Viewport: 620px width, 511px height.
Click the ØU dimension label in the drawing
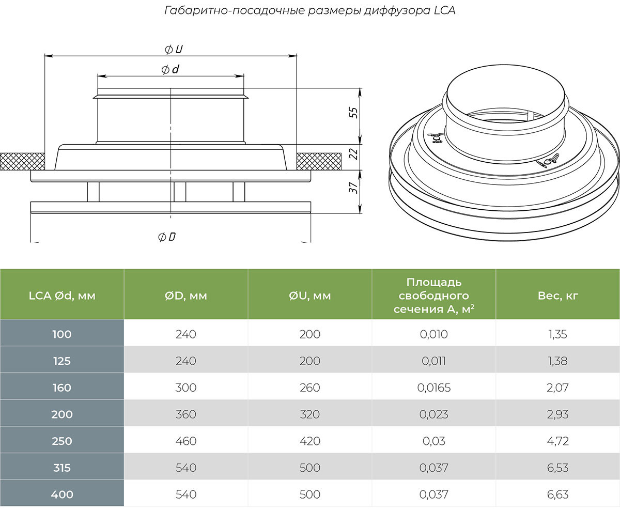tap(174, 49)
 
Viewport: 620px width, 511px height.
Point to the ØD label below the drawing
tap(167, 237)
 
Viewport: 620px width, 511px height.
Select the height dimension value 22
tap(353, 153)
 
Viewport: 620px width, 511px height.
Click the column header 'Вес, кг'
tap(558, 296)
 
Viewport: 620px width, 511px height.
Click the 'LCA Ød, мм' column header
tap(62, 296)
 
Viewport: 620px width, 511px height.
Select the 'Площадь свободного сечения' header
tap(434, 296)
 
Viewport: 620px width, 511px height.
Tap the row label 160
tap(62, 388)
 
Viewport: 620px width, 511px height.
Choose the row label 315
tap(62, 468)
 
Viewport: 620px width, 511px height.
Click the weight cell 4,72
tap(558, 441)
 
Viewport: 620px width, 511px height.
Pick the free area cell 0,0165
tap(434, 388)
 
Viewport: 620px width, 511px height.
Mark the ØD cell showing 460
tap(186, 441)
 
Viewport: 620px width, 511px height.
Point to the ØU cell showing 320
tap(310, 414)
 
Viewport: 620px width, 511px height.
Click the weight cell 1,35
tap(558, 334)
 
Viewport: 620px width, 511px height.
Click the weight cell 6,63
tap(558, 494)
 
